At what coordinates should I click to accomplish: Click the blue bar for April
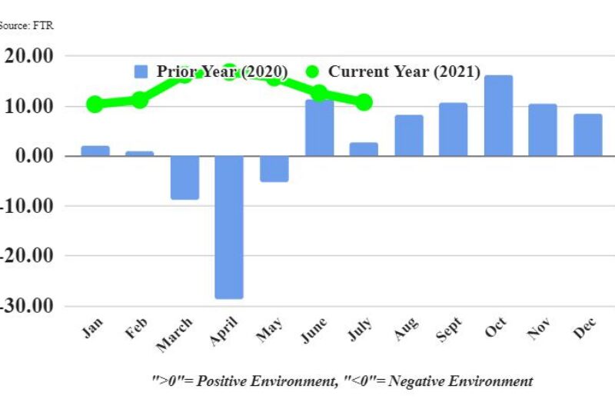229,227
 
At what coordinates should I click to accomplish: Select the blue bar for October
497,115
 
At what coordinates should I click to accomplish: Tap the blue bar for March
184,178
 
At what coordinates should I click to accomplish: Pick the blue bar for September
453,129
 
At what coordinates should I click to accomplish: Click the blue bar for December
588,135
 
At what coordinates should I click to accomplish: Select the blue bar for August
408,135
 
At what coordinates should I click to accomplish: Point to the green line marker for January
95,104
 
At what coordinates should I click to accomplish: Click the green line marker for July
364,102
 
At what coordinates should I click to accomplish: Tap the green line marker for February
139,99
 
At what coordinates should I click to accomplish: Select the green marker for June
319,93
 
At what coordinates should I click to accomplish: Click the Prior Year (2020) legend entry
211,71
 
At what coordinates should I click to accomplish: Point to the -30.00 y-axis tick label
28,305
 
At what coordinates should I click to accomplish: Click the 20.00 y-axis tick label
28,56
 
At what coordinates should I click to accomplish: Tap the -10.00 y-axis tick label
28,206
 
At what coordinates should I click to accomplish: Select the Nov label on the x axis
538,330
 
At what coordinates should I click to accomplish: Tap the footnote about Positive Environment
341,381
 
